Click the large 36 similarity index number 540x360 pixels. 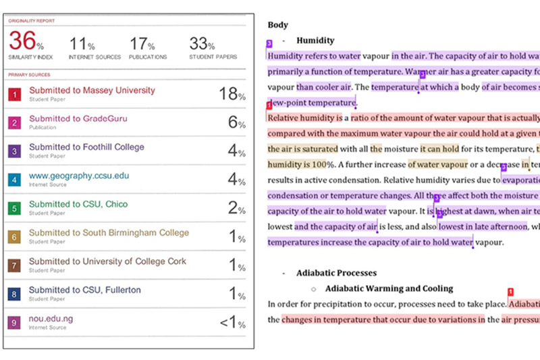[22, 42]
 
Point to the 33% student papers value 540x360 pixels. [201, 45]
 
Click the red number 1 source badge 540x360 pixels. [14, 95]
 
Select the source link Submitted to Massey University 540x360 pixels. [92, 91]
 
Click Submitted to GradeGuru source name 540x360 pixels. [78, 119]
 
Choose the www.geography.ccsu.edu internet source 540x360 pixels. [79, 176]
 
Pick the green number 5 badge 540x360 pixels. [14, 209]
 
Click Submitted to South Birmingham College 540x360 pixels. [109, 233]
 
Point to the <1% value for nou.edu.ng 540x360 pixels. [232, 323]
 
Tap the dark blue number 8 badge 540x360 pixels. [14, 294]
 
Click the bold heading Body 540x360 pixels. [277, 25]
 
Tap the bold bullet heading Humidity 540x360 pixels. [315, 41]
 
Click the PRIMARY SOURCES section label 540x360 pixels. [28, 75]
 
